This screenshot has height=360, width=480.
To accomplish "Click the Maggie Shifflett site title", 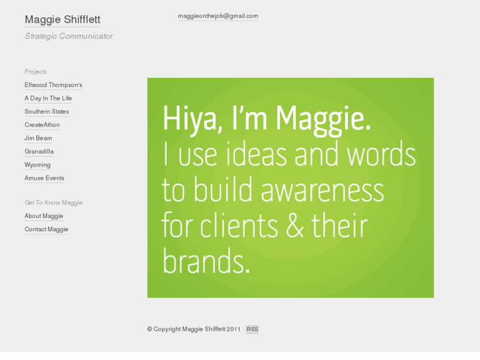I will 62,20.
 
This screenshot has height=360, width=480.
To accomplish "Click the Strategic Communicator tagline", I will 69,36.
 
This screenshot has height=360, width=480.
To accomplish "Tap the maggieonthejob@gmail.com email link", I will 218,16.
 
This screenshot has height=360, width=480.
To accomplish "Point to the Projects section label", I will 36,71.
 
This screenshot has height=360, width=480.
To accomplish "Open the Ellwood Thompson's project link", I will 53,85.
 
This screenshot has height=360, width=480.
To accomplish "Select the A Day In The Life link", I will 48,98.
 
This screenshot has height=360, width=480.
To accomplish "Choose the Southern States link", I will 47,112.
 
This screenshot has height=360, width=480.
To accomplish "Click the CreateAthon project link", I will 42,125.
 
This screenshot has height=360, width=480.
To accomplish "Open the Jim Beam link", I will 38,138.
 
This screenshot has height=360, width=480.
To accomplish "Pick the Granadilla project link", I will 39,151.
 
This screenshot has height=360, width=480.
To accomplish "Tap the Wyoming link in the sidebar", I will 38,164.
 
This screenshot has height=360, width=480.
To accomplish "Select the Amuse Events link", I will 44,178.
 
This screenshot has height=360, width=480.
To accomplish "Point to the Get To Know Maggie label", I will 53,203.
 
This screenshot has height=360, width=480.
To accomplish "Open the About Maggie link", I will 44,216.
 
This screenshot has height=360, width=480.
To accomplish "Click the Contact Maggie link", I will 46,229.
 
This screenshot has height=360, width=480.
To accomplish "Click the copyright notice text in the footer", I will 193,329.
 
